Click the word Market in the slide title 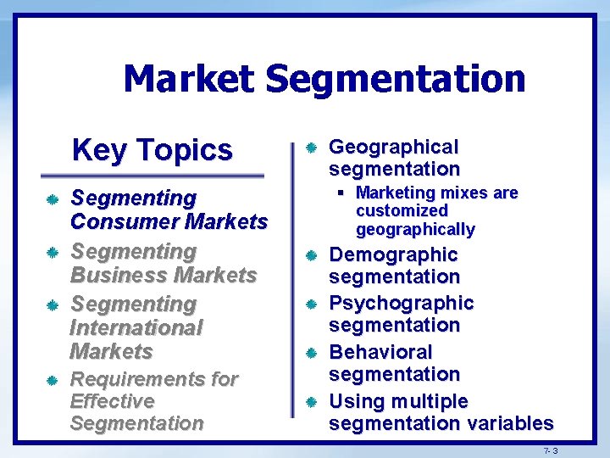pyautogui.click(x=187, y=79)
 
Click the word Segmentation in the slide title pyautogui.click(x=395, y=81)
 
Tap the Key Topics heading pyautogui.click(x=152, y=150)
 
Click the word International pyautogui.click(x=136, y=327)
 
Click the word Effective pyautogui.click(x=112, y=400)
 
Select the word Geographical pyautogui.click(x=393, y=147)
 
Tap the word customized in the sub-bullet pyautogui.click(x=402, y=210)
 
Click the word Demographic pyautogui.click(x=393, y=254)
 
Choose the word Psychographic pyautogui.click(x=401, y=303)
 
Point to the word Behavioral pyautogui.click(x=380, y=351)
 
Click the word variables pyautogui.click(x=507, y=422)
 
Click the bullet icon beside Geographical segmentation pyautogui.click(x=310, y=148)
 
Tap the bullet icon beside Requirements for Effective pyautogui.click(x=52, y=380)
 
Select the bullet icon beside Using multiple pyautogui.click(x=310, y=401)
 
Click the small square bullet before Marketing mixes pyautogui.click(x=347, y=193)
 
